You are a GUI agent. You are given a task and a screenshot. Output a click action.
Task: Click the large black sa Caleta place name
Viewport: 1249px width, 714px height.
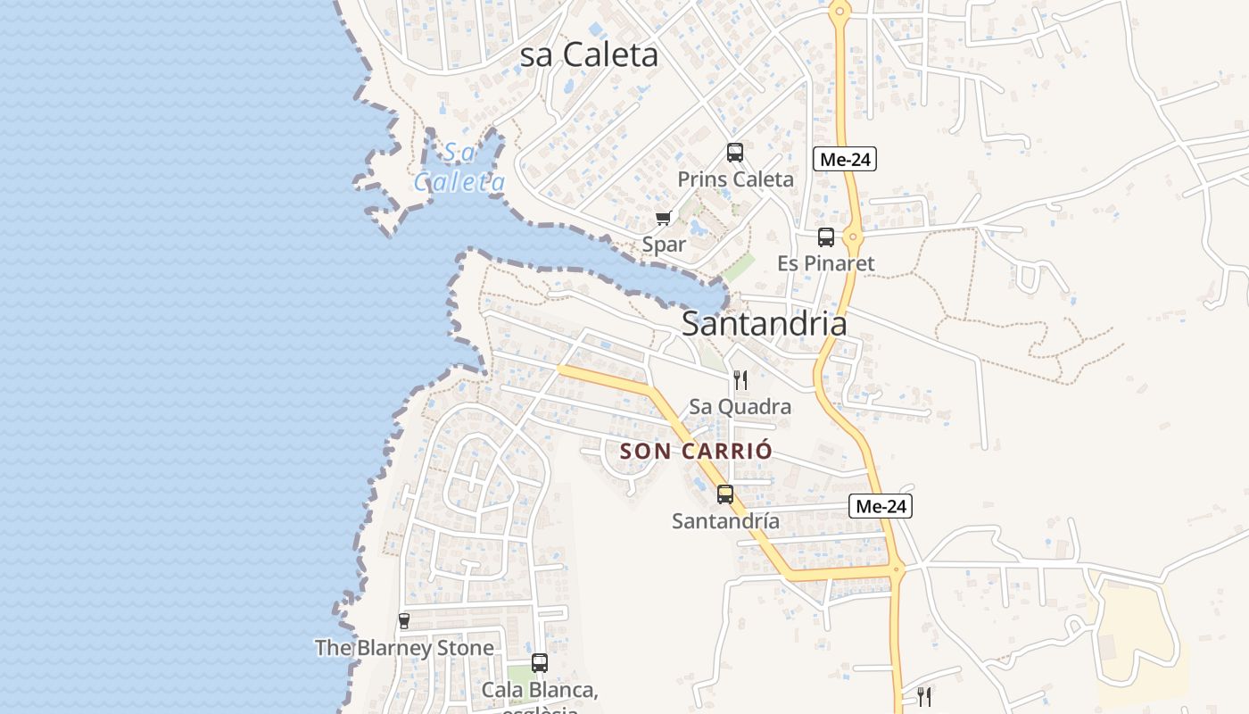(x=589, y=55)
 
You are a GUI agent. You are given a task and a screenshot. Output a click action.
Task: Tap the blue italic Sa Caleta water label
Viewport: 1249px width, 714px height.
(x=459, y=168)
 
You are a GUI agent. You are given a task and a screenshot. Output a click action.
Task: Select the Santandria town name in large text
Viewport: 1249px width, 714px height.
(x=764, y=323)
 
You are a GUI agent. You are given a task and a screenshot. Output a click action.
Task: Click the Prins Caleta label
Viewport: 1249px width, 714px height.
(x=735, y=179)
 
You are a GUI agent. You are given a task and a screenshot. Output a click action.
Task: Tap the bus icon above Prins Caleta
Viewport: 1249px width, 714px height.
(x=735, y=153)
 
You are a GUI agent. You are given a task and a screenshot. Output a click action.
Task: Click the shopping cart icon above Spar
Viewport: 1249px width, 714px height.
(x=663, y=219)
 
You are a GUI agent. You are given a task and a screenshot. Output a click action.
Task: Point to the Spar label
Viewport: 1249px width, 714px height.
(x=665, y=245)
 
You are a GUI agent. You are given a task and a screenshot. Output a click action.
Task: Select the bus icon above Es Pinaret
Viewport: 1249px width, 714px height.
(x=826, y=237)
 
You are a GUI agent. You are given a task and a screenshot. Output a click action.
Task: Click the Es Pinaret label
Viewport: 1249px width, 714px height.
(x=826, y=263)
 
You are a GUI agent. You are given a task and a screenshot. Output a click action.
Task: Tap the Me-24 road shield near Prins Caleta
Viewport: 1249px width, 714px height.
(x=845, y=160)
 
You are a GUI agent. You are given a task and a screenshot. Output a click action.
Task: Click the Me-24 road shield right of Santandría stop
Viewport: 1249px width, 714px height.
(x=881, y=507)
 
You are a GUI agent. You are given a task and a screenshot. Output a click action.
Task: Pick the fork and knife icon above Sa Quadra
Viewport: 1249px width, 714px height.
(x=740, y=380)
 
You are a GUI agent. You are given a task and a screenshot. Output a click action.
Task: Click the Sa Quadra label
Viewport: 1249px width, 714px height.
(x=740, y=407)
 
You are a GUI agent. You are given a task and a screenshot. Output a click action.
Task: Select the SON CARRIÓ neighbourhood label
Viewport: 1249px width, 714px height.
(x=696, y=451)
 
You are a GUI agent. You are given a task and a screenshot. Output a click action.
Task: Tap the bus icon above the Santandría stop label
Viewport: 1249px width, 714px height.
(x=725, y=494)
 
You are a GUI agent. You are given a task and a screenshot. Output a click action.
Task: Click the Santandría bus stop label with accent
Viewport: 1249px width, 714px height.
(x=725, y=520)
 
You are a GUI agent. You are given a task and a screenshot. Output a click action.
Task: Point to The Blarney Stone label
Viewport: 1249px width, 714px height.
(x=404, y=648)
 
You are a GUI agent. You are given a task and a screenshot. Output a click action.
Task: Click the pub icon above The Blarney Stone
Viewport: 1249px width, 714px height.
(x=404, y=621)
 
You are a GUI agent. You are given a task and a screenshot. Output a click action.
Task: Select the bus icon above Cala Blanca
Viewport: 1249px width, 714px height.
(x=540, y=663)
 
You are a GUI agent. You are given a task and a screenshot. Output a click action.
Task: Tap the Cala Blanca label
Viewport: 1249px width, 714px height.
(x=540, y=690)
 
